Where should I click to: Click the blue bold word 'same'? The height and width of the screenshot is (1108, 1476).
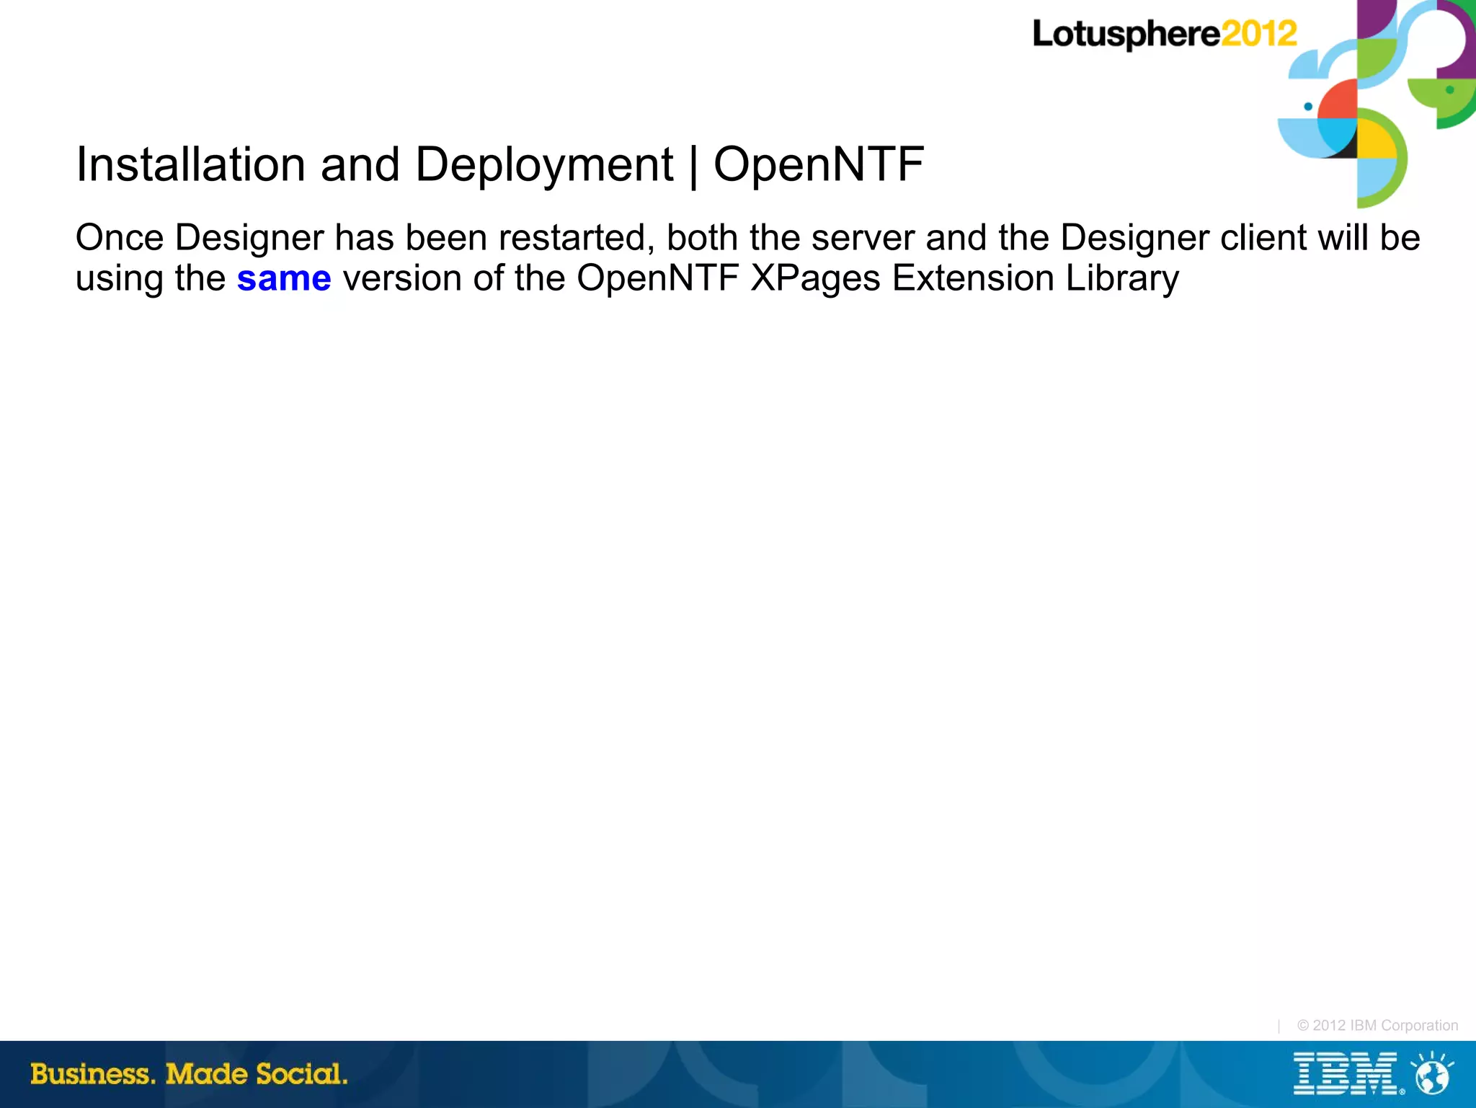point(284,279)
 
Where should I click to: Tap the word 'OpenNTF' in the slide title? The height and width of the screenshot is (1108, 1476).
point(819,164)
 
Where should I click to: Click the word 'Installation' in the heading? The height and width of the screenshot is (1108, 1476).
point(191,164)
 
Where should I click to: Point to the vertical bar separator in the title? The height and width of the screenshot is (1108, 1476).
point(693,166)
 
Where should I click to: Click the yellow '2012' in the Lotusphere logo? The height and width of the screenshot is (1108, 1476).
point(1259,34)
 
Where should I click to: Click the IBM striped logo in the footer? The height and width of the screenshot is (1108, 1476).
point(1346,1074)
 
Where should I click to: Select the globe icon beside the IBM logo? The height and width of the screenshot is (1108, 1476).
point(1433,1074)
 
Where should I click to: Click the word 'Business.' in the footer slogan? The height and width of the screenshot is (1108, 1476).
point(93,1074)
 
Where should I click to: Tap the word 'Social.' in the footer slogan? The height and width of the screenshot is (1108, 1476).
point(302,1074)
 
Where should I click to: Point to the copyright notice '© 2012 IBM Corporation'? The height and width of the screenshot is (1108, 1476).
point(1377,1025)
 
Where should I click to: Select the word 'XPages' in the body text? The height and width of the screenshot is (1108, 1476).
point(815,279)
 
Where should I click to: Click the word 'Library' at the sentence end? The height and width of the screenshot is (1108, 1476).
point(1122,279)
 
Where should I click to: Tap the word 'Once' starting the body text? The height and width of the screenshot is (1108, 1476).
point(120,238)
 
